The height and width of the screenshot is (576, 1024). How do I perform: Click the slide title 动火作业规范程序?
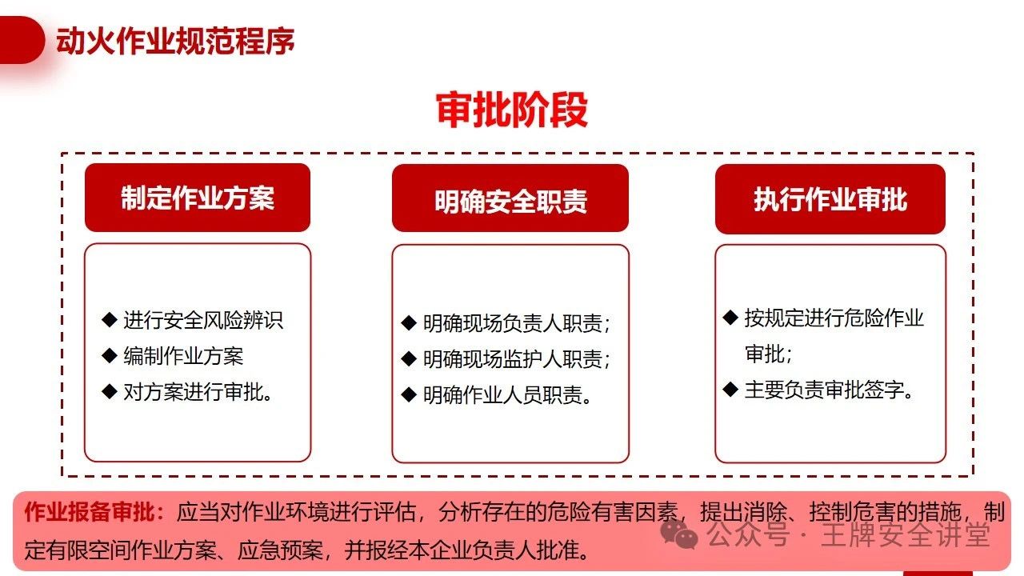175,41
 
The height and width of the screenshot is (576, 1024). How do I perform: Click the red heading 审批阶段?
511,110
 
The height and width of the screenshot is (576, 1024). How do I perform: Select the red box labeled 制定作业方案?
198,198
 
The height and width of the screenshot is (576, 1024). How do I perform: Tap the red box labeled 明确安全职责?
510,198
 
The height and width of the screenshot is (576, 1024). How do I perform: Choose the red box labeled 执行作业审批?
830,199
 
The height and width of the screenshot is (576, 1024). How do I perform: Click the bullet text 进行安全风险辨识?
203,320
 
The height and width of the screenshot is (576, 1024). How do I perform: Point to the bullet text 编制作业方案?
183,356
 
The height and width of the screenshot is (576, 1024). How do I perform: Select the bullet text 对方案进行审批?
198,392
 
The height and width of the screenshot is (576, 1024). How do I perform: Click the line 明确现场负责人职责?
517,323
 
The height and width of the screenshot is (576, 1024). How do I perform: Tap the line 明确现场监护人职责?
517,359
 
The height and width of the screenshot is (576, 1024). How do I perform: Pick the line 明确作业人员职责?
507,394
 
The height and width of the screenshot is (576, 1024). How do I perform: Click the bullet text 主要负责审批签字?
829,390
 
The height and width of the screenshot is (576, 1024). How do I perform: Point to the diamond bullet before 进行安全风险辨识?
110,319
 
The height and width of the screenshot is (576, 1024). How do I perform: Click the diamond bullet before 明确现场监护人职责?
409,358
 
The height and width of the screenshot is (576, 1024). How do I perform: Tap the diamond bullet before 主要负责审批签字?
730,389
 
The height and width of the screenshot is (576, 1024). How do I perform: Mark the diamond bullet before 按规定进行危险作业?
730,318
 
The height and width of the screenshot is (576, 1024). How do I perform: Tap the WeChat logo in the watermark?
679,534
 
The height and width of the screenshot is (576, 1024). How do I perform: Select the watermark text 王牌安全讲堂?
905,534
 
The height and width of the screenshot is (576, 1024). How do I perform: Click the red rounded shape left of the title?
22,40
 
